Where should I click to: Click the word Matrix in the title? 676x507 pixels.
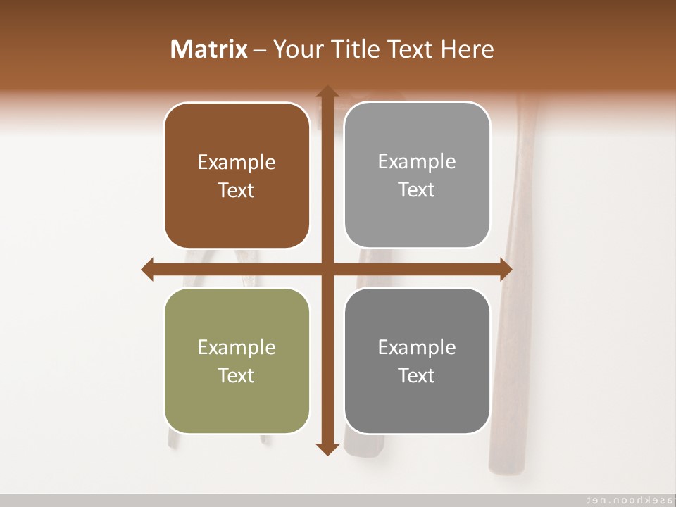coord(209,49)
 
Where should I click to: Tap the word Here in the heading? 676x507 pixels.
coord(468,49)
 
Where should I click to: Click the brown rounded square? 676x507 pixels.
coord(237,175)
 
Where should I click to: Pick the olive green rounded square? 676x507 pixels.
coord(237,361)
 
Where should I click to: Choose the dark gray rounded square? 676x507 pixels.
coord(417,361)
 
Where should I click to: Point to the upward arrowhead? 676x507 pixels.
coord(327,92)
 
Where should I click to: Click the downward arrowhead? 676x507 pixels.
coord(327,449)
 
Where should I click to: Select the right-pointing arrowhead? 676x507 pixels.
coord(506,270)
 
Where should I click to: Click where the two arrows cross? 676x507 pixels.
coord(327,270)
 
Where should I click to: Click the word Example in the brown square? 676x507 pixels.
coord(237,162)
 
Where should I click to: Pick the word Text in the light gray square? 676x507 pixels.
coord(417,189)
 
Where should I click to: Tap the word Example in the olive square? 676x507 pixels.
coord(237,347)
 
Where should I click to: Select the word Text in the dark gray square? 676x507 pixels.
coord(417,375)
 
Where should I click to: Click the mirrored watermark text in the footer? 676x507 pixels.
coord(627,499)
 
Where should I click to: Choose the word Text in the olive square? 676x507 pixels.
coord(237,375)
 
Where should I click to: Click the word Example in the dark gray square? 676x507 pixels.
coord(417,347)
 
